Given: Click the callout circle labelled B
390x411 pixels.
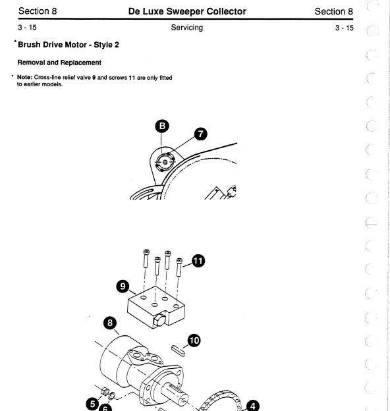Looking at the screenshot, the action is click(x=162, y=126).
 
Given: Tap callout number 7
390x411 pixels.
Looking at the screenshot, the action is click(x=200, y=134).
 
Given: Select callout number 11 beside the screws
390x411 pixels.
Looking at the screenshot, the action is click(x=198, y=261).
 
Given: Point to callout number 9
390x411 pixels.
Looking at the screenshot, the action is click(x=123, y=287).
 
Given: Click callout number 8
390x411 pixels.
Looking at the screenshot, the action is click(x=110, y=323).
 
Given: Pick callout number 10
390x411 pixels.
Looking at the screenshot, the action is click(x=194, y=341).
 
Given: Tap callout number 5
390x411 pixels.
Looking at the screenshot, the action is click(x=92, y=404).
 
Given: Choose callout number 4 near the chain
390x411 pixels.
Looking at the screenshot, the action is click(x=253, y=406).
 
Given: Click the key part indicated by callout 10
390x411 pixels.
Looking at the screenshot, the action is click(x=179, y=350).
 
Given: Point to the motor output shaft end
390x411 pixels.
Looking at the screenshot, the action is click(x=182, y=400).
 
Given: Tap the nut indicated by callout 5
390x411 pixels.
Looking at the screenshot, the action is click(x=105, y=392).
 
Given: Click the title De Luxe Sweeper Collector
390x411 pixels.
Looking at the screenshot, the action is click(x=187, y=11).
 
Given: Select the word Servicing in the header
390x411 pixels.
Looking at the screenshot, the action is click(x=187, y=28).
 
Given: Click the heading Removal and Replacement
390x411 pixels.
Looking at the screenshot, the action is click(x=59, y=63).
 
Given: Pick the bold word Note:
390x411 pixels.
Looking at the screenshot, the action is click(x=24, y=77).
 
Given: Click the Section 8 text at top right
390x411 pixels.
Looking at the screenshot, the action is click(x=333, y=11).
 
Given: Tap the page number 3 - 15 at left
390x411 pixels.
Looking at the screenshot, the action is click(x=27, y=27).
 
